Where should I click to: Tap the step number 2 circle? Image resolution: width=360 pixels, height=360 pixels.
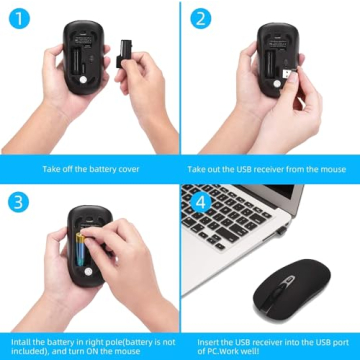coord(202,18)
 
